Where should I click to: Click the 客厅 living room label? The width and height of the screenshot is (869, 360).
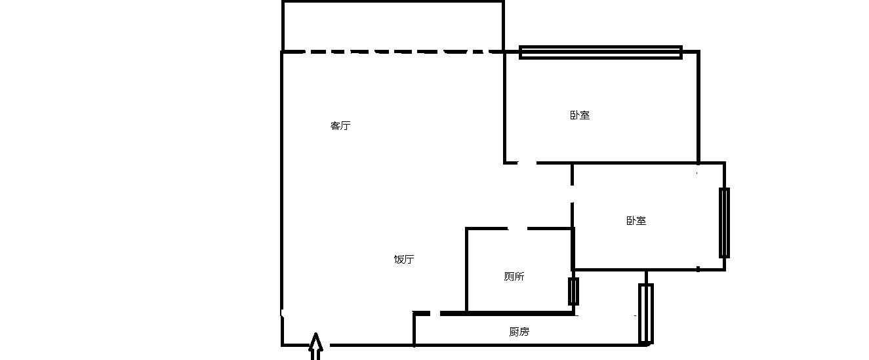(x=340, y=125)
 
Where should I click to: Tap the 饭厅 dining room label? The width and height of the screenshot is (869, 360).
(x=404, y=259)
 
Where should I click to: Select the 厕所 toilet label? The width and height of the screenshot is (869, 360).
(x=514, y=277)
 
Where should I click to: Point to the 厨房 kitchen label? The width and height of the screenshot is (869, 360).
(x=519, y=332)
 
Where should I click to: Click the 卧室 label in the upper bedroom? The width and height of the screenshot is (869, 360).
(x=580, y=115)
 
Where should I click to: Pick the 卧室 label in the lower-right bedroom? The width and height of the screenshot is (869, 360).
(x=636, y=221)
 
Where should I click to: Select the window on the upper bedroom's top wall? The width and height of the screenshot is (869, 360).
(x=601, y=52)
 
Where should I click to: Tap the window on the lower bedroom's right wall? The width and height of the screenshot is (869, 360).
(x=724, y=223)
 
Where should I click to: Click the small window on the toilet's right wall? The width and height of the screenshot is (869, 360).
(x=573, y=291)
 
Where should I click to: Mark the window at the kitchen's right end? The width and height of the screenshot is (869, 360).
(x=646, y=313)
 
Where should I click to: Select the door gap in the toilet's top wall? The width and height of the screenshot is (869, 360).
(x=517, y=228)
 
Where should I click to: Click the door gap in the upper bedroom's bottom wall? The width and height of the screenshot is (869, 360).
(x=527, y=163)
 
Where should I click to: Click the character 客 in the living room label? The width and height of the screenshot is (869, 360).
(x=335, y=125)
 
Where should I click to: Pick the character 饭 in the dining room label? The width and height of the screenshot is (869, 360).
(x=399, y=259)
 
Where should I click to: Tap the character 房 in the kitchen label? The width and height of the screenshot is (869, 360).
(x=524, y=332)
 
